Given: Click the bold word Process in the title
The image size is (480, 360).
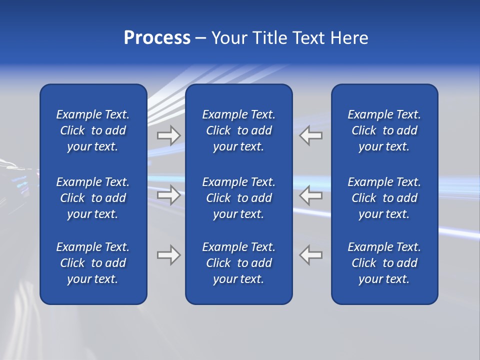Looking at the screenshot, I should point(157,38).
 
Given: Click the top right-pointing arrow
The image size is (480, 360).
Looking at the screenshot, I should point(168,135).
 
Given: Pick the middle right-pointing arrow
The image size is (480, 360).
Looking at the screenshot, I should point(168,194).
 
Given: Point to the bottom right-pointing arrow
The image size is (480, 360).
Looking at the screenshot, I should point(168,255).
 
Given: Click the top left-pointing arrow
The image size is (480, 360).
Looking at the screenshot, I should point(310,135).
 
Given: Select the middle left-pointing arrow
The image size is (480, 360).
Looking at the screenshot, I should point(310,194).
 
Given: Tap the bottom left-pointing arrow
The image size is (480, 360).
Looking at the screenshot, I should point(310,255).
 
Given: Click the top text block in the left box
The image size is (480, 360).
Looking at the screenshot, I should point(93,130).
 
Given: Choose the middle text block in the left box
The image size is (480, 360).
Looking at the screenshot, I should point(93,198).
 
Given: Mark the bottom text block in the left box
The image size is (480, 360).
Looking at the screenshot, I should point(93,263).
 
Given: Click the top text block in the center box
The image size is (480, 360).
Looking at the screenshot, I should point(238,130).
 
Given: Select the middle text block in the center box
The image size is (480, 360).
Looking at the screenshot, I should point(238,198).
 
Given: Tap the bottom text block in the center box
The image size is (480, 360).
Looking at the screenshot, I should point(238,263).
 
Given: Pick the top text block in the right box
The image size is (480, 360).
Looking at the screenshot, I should point(384,130).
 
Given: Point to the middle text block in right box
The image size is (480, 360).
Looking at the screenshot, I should point(384,198).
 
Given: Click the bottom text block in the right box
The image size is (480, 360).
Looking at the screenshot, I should point(384,263).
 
